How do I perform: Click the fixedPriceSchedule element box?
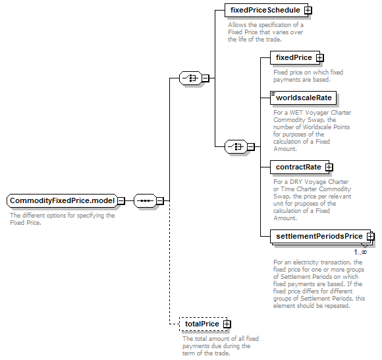coord(266,11)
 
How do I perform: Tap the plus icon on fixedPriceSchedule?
coord(308,11)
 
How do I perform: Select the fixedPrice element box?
coord(295,58)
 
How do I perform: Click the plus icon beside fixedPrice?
coord(319,58)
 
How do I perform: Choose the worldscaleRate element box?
coord(304,98)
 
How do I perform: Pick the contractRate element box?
coord(300,167)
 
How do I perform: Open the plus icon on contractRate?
coord(329,167)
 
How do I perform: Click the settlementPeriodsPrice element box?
coord(320,236)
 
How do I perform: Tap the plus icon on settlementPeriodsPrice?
coord(371,236)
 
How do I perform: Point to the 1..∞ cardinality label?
coord(360,252)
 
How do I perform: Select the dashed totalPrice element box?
coord(203,324)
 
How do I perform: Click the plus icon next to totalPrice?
coord(227,324)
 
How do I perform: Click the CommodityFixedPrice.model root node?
coord(62,201)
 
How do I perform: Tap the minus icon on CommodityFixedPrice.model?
coord(121,201)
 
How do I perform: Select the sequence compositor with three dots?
coord(145,201)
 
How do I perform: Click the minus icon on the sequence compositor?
coord(160,201)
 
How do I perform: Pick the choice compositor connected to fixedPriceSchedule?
coord(191,78)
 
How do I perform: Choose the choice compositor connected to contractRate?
coord(236,147)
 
